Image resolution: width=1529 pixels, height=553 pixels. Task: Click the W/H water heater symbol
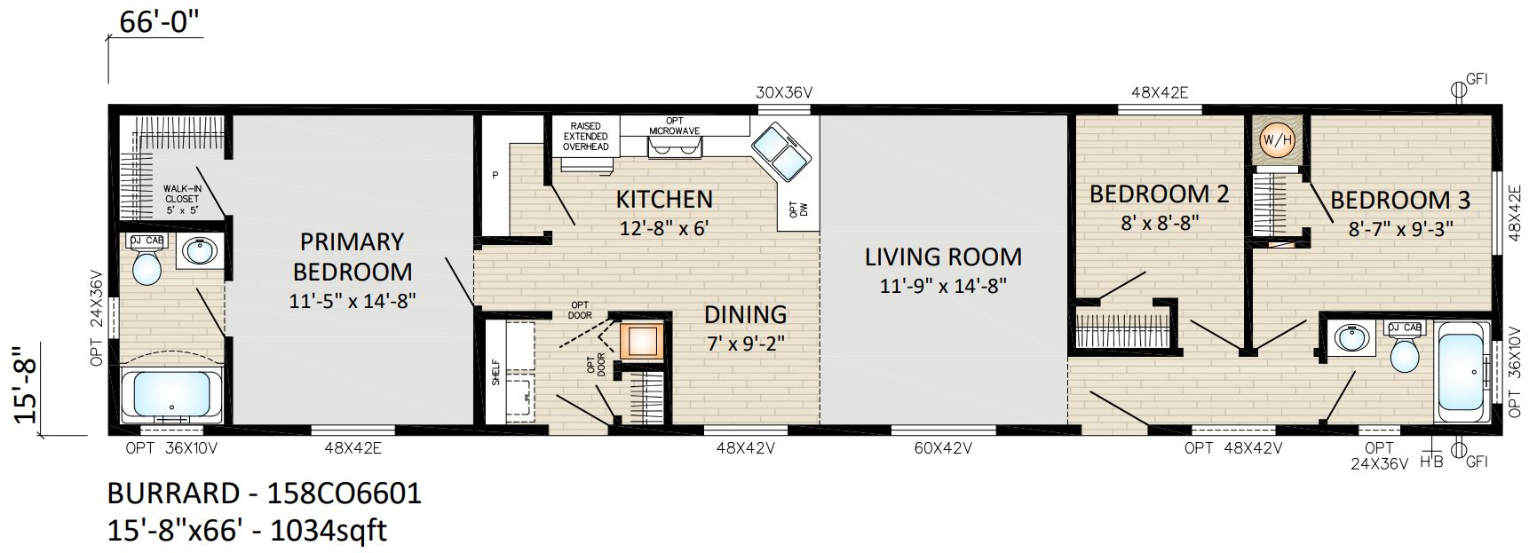pos(1277,139)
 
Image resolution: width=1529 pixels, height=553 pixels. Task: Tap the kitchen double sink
pos(780,152)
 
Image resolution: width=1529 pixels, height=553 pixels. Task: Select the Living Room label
pos(943,257)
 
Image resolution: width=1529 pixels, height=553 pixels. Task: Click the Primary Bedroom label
pos(353,257)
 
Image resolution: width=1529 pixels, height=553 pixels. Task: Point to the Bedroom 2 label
pos(1159,194)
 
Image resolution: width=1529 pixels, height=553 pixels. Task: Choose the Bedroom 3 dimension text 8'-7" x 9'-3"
pos(1400,227)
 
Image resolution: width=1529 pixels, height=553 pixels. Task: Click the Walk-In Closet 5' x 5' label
pos(182,200)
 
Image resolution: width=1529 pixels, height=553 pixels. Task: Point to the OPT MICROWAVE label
pos(674,125)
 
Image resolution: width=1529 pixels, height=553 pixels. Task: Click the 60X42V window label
pos(942,449)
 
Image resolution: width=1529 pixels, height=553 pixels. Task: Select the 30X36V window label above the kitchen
pos(785,91)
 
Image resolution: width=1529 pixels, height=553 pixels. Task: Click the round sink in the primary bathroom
pos(198,252)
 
